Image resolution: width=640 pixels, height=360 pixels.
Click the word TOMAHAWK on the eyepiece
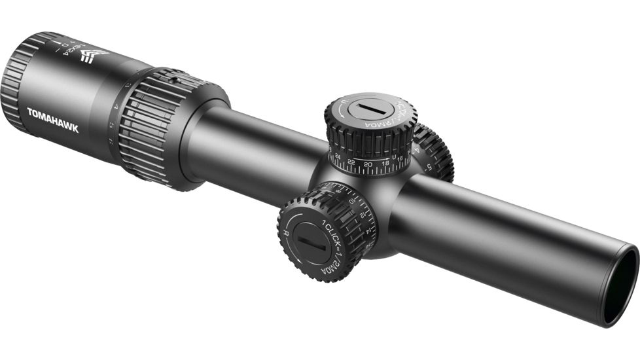(x=52, y=120)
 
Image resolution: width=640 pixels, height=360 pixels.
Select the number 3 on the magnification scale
(x=128, y=86)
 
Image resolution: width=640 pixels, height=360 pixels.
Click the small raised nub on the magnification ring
(x=175, y=81)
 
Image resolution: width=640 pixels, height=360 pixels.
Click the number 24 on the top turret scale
(x=337, y=156)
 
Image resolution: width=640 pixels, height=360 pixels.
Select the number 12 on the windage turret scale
(x=361, y=215)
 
